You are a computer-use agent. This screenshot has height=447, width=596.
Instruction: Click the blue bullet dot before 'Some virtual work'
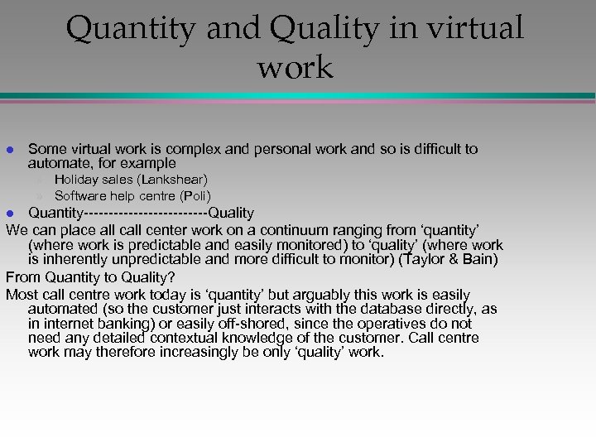tap(10, 150)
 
